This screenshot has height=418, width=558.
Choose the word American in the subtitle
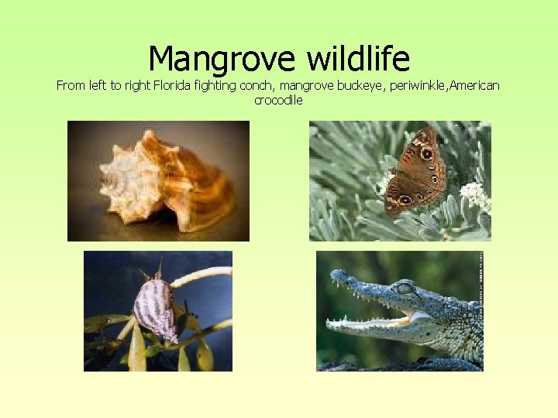pyautogui.click(x=476, y=85)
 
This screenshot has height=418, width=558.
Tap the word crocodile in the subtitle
pyautogui.click(x=278, y=100)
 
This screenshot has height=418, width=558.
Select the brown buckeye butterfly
pyautogui.click(x=417, y=172)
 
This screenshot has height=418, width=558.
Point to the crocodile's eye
pyautogui.click(x=404, y=289)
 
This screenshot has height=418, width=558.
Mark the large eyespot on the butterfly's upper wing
pyautogui.click(x=425, y=153)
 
